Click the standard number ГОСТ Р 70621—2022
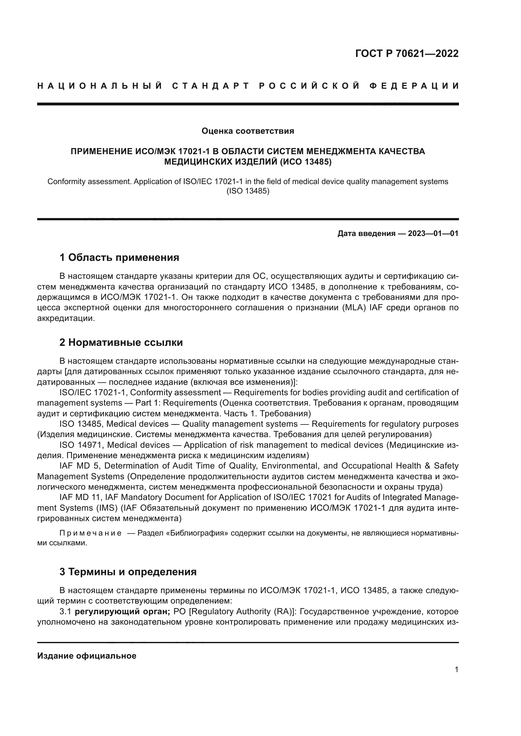pos(407,53)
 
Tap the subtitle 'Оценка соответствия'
pos(247,131)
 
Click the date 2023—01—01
pos(433,233)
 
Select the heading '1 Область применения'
pos(119,257)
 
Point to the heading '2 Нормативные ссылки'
pos(121,342)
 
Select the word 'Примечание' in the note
pos(90,533)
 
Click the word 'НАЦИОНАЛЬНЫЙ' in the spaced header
pos(100,86)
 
